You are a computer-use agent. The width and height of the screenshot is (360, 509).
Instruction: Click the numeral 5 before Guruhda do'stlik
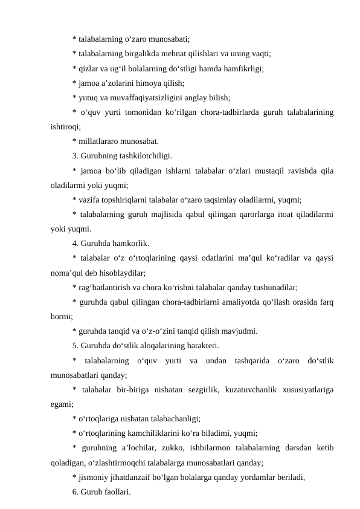coord(74,346)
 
